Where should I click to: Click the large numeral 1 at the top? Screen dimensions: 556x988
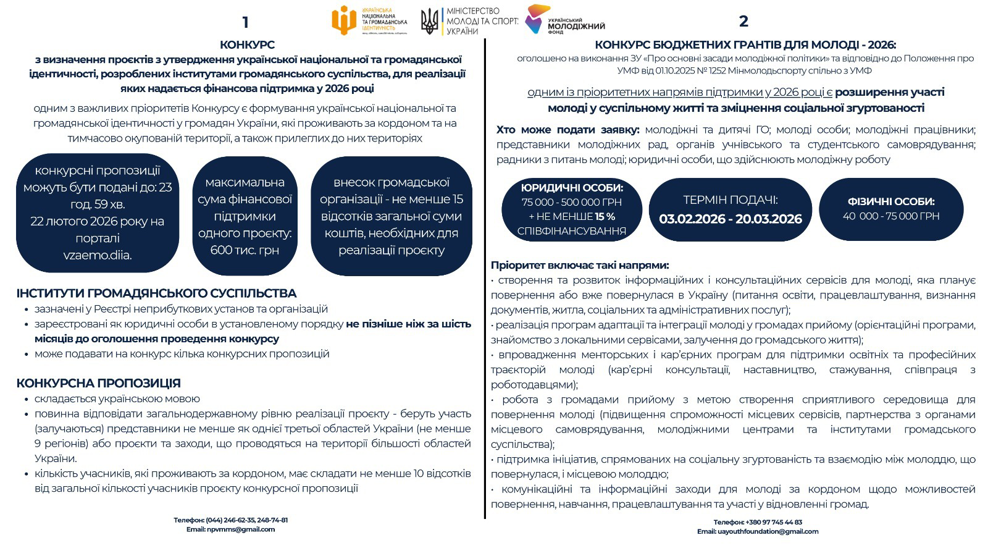point(245,22)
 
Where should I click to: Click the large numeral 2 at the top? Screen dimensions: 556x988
point(743,21)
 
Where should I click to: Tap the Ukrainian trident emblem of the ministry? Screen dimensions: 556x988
point(429,21)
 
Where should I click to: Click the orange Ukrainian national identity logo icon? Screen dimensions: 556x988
point(343,20)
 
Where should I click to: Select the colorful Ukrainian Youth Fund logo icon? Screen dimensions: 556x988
point(537,19)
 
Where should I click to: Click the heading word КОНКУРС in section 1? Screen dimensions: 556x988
point(247,44)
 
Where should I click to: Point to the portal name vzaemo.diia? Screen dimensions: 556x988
point(98,255)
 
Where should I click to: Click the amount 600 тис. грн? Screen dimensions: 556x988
point(245,250)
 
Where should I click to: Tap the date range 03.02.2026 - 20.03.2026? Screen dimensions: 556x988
point(730,219)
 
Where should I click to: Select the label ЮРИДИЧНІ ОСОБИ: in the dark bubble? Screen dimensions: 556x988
point(572,188)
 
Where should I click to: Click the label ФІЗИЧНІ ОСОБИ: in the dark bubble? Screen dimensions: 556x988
point(891,201)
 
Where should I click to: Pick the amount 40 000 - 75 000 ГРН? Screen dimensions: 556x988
point(891,216)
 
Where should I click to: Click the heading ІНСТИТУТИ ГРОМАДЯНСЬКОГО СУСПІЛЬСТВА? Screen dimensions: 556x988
point(156,293)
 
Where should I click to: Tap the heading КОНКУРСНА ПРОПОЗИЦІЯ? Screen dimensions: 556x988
point(98,384)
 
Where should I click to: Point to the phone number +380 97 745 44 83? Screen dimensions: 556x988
point(774,522)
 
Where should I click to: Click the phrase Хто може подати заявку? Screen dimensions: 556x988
point(568,130)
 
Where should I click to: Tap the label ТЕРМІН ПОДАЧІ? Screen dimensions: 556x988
point(730,200)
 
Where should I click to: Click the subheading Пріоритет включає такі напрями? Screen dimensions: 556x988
point(580,265)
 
